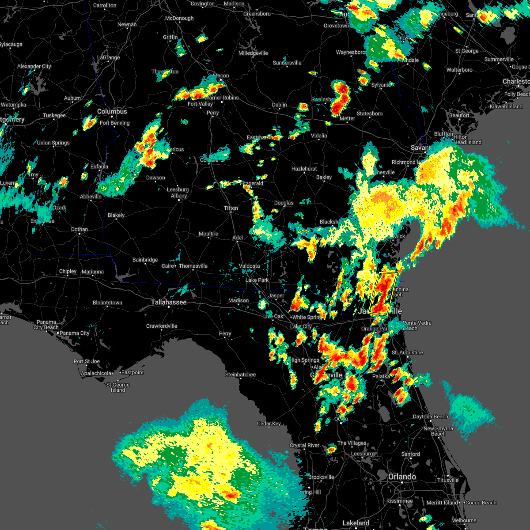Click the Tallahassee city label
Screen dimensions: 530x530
coord(169,303)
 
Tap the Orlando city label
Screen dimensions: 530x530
coord(402,477)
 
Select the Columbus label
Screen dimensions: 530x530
coord(112,112)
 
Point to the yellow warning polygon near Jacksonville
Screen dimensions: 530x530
coord(382,293)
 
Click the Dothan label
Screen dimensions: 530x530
coord(79,230)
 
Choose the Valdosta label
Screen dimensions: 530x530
coord(249,266)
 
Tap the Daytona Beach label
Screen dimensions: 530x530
coord(430,417)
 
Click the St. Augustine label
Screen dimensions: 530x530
coord(407,353)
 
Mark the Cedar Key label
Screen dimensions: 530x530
coord(269,424)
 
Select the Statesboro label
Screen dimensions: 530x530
coord(370,114)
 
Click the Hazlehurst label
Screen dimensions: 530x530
coord(304,169)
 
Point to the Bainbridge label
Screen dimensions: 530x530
coord(145,260)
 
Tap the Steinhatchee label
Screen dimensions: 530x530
coord(240,375)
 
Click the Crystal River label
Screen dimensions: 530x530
coord(304,446)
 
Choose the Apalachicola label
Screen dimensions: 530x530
coord(96,374)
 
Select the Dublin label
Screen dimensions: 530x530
coord(280,105)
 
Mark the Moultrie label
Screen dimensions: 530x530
coord(208,234)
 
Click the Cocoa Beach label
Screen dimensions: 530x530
coord(481,503)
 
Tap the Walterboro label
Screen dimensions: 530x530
coord(459,70)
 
